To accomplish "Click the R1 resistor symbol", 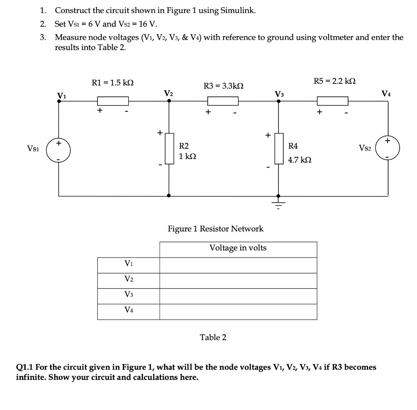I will point(113,100).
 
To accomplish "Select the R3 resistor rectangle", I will point(223,100).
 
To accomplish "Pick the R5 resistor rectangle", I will point(332,100).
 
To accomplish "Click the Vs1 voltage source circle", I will point(59,148).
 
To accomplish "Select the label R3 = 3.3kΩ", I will point(223,86).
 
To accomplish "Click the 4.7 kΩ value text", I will point(300,160).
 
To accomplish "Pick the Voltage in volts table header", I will point(238,248).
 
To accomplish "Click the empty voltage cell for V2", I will point(238,281).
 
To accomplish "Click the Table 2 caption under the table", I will point(213,337).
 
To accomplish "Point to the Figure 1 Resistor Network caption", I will point(215,229).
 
